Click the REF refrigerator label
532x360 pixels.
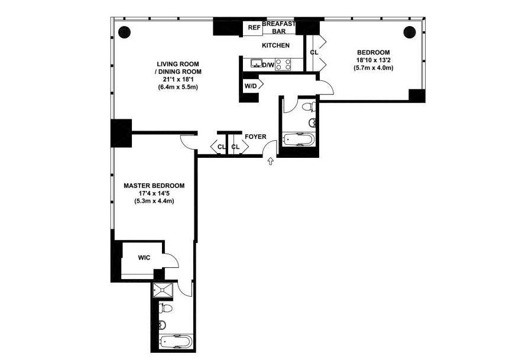click(254, 27)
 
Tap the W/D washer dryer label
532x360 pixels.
click(251, 86)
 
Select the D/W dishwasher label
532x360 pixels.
click(268, 65)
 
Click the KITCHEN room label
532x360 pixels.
click(275, 46)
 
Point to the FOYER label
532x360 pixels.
click(255, 137)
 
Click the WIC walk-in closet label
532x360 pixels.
click(144, 258)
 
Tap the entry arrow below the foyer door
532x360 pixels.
click(270, 161)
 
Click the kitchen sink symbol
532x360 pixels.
click(256, 63)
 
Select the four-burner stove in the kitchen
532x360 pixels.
click(283, 64)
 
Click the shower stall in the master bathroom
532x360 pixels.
click(163, 290)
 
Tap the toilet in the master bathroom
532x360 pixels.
click(166, 309)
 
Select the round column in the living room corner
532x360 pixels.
click(125, 33)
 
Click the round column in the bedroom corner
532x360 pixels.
click(410, 32)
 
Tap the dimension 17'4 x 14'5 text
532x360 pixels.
click(154, 193)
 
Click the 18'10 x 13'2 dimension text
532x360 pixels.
click(373, 60)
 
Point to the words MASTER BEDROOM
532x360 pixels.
click(154, 186)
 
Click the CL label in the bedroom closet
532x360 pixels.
click(314, 53)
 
